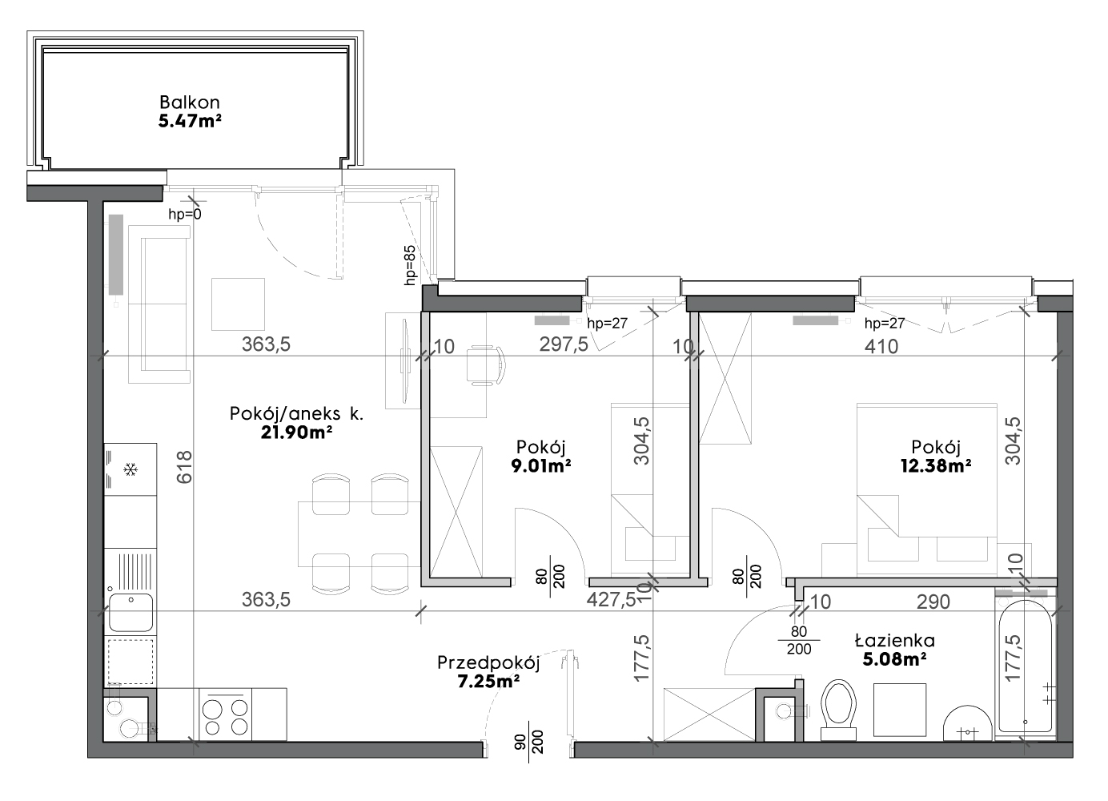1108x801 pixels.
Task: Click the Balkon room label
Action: [190, 103]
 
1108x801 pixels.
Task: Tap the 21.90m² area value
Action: [295, 433]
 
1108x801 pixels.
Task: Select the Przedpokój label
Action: [488, 662]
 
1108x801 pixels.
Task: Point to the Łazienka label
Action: [894, 641]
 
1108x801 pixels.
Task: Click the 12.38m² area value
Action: [935, 465]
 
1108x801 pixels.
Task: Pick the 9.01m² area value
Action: [541, 465]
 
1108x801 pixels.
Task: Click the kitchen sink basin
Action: [130, 612]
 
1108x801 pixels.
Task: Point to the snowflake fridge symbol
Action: [130, 469]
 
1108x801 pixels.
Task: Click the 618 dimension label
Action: [184, 467]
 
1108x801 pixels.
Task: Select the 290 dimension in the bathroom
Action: [933, 602]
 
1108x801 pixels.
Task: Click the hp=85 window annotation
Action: [411, 265]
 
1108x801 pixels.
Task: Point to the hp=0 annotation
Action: [185, 215]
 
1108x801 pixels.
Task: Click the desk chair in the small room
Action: [486, 365]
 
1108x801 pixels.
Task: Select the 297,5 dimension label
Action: [564, 344]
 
